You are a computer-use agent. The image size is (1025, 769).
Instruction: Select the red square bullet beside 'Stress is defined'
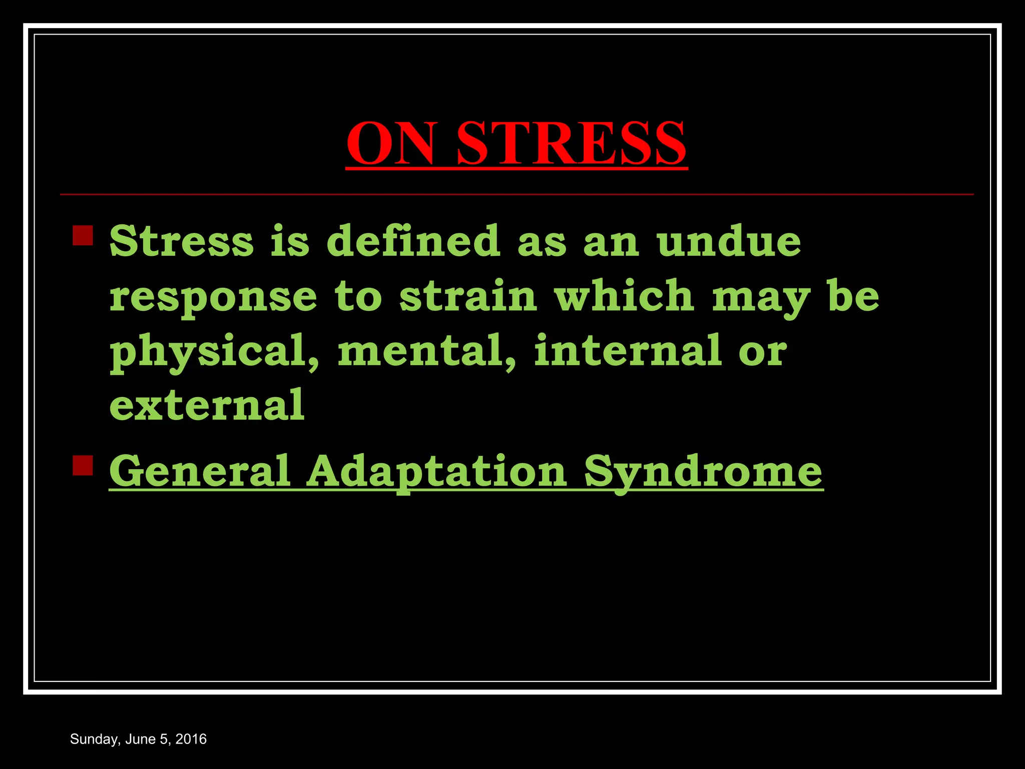tap(83, 235)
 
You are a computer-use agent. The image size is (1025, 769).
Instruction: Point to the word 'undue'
tap(729, 241)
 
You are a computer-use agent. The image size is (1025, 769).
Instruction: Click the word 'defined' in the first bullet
tap(413, 241)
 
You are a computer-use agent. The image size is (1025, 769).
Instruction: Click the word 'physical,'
tap(215, 351)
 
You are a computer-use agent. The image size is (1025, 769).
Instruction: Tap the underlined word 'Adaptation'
tap(436, 472)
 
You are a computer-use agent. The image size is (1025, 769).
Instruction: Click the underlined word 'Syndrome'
tap(703, 472)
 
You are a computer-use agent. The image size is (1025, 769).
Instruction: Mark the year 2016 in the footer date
tap(191, 739)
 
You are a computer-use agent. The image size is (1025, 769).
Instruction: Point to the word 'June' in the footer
tap(140, 739)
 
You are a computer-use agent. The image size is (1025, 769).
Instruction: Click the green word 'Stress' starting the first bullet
tap(182, 241)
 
